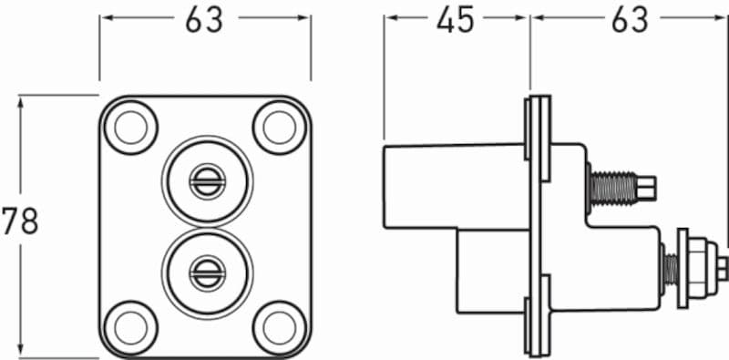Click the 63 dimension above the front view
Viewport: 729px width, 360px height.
coord(204,19)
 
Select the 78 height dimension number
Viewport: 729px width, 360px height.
coord(19,221)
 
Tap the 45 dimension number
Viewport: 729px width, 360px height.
coord(455,19)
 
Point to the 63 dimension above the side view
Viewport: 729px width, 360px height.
coord(629,19)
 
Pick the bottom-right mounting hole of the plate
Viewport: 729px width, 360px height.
coord(275,324)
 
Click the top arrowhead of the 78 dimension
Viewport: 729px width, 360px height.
coord(20,98)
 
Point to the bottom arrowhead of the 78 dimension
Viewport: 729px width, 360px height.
coord(20,354)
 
